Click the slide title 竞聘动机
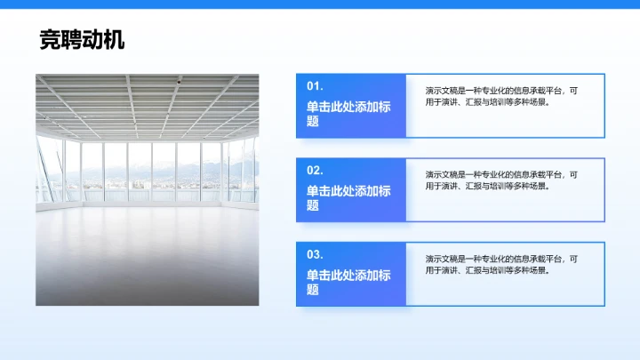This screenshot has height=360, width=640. click(x=82, y=39)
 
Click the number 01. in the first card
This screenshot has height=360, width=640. click(x=315, y=86)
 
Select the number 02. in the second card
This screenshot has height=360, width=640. click(x=315, y=170)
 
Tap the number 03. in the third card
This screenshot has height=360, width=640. click(x=315, y=254)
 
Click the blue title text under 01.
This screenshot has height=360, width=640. click(x=348, y=113)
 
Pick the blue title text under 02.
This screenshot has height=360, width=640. click(x=348, y=197)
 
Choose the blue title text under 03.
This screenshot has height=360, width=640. click(x=348, y=282)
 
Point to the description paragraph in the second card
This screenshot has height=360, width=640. click(x=501, y=180)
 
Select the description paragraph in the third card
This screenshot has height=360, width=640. click(x=501, y=264)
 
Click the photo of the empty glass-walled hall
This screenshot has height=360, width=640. click(x=148, y=189)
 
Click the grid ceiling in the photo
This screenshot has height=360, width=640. click(x=148, y=102)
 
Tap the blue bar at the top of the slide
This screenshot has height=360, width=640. click(x=320, y=4)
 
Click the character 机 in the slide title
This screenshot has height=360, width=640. click(x=114, y=39)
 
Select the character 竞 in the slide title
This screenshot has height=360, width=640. click(x=50, y=39)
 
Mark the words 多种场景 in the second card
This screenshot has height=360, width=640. click(x=529, y=187)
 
